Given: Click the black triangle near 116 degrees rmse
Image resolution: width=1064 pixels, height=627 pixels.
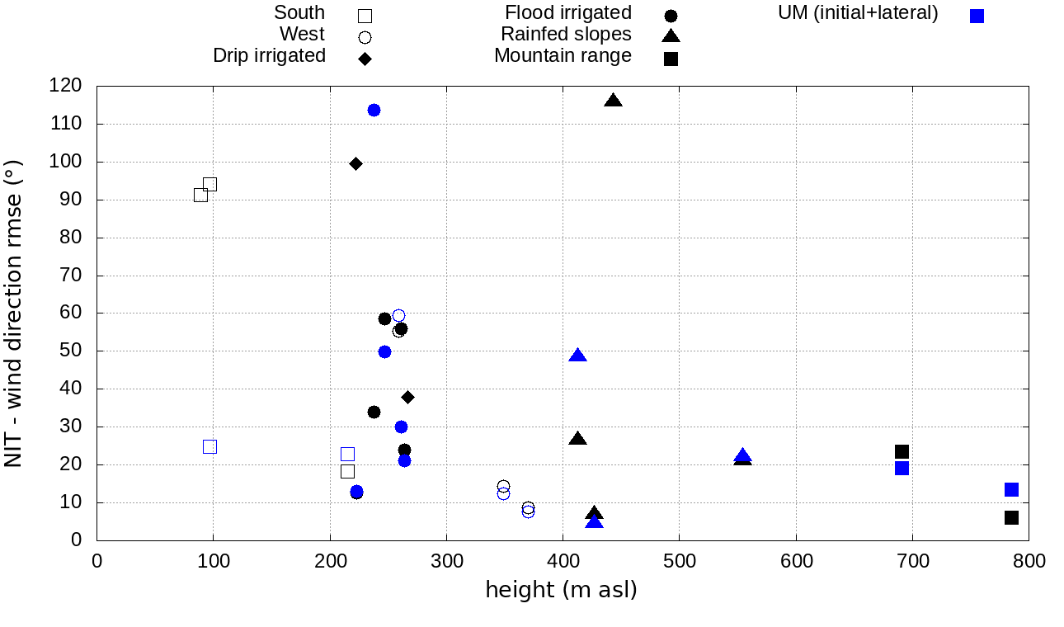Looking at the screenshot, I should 613,101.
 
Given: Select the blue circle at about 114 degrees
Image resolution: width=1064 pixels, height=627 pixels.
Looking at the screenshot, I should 374,110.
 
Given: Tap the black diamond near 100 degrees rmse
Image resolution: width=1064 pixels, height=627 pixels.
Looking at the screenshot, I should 355,163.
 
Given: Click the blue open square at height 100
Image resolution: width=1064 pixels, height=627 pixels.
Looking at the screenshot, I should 210,446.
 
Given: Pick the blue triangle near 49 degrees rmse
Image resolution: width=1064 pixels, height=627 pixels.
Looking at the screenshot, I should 577,356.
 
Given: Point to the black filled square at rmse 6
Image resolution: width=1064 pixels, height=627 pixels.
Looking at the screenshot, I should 1011,517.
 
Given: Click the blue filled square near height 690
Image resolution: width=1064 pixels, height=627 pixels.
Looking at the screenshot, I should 902,468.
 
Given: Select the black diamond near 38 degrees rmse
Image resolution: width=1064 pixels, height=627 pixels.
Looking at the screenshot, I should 407,397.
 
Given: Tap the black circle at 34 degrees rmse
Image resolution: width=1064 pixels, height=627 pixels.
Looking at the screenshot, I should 374,412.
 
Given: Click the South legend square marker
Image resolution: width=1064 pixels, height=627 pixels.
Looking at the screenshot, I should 365,16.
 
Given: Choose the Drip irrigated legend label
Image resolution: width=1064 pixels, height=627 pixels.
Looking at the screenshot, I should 269,55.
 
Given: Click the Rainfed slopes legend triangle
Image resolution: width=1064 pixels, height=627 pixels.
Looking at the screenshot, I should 671,35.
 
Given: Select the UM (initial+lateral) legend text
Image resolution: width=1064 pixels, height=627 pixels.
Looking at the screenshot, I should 858,13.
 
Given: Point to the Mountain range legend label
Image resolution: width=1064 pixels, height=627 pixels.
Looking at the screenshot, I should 563,55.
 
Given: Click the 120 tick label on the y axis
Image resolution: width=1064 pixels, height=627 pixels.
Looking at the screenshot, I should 65,86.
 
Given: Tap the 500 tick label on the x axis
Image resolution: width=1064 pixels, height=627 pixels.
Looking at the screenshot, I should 680,561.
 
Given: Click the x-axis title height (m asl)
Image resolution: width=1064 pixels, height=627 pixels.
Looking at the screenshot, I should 561,590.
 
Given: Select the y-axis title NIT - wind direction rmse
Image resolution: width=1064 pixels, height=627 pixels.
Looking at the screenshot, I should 14,313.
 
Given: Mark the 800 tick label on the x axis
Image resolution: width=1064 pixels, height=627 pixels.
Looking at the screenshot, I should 1029,561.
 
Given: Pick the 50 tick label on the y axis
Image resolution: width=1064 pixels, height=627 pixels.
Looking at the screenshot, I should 70,351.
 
